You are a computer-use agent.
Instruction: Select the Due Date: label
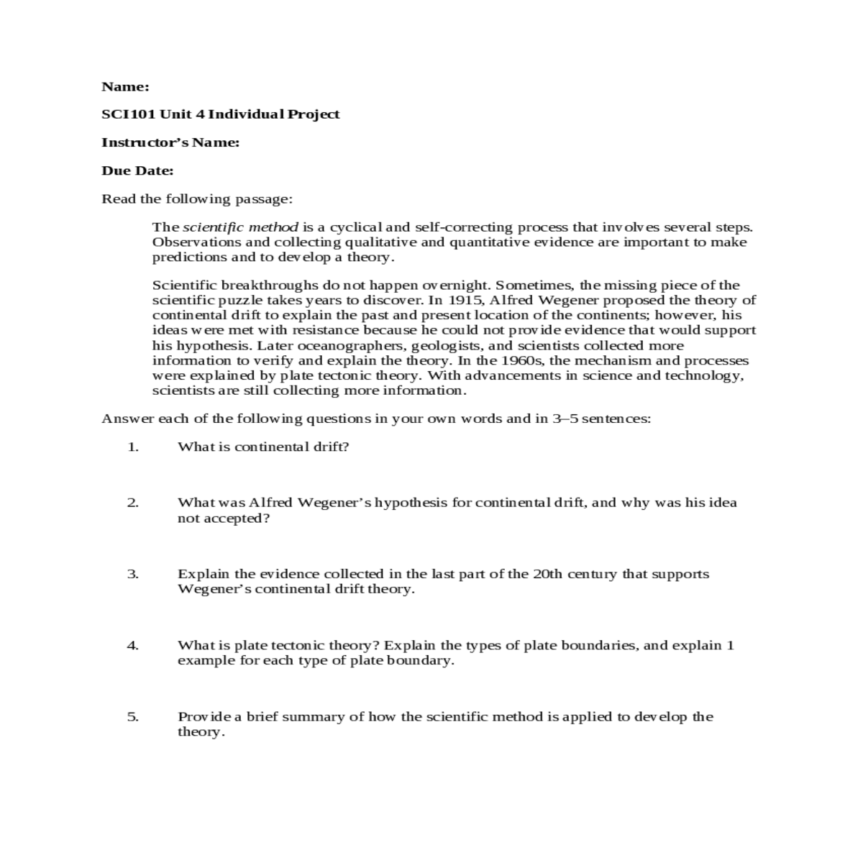(137, 171)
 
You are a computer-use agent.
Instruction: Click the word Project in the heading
(314, 114)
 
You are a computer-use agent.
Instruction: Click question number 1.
(132, 447)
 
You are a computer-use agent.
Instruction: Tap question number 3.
(132, 574)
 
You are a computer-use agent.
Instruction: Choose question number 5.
(132, 716)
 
